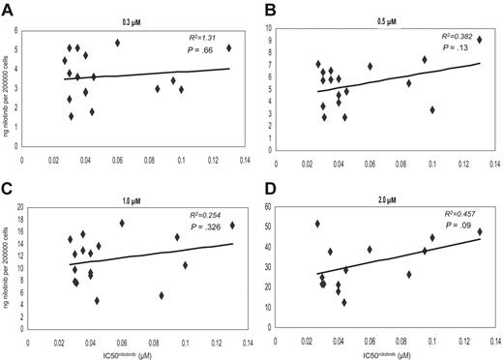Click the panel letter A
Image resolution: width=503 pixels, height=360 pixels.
tap(11, 9)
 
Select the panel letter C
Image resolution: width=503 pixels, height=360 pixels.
tap(11, 188)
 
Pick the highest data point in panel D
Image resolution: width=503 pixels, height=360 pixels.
tap(317, 224)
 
